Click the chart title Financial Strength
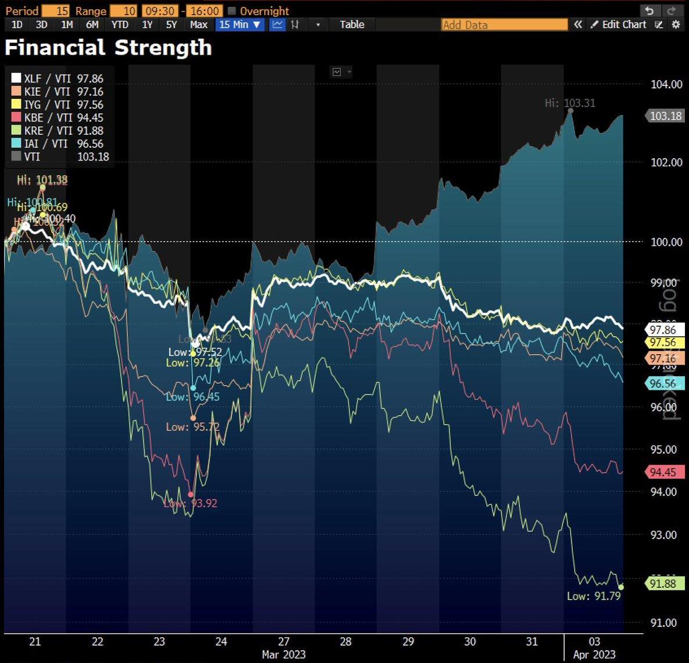click(108, 48)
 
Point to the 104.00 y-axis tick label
click(666, 85)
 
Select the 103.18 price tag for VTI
click(665, 116)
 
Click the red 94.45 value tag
click(663, 472)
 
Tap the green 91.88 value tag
click(663, 583)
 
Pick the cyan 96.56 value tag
click(663, 383)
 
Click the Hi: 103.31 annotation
click(570, 104)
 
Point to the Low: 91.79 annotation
click(594, 596)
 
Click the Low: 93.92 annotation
click(191, 504)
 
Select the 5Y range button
click(172, 24)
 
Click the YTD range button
click(120, 24)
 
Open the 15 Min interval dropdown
click(240, 24)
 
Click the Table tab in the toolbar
click(352, 24)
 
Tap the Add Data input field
click(504, 24)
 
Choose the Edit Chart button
click(619, 24)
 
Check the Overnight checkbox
click(232, 11)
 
